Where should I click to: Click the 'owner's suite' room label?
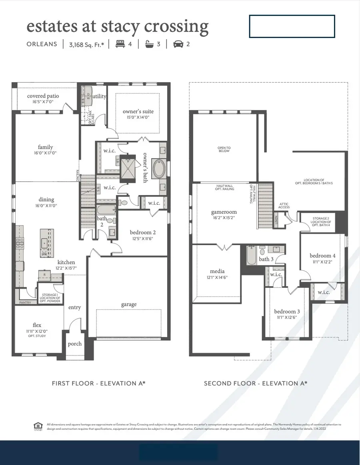(138, 111)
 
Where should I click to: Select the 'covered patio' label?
(43, 96)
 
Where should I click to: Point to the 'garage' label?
(129, 304)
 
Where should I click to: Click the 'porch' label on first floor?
(75, 343)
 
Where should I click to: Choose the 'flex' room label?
(37, 325)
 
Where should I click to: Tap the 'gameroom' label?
(224, 212)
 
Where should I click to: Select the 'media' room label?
(217, 271)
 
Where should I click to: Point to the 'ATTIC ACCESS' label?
(284, 206)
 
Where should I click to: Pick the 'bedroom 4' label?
(323, 255)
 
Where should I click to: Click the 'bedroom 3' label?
(287, 311)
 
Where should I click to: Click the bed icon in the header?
(119, 44)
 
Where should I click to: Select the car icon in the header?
(178, 44)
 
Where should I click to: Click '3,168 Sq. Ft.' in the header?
(86, 44)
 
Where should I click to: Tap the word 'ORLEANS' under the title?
(42, 44)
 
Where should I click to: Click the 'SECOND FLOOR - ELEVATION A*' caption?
(256, 383)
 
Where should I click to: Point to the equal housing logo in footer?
(38, 427)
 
